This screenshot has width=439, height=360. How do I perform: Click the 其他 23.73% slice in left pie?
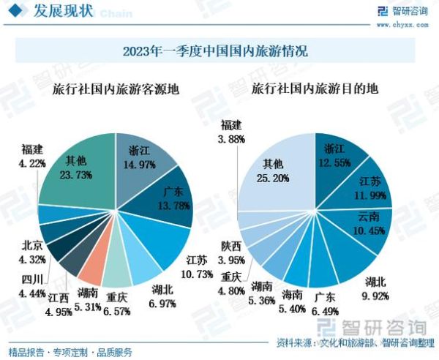76,168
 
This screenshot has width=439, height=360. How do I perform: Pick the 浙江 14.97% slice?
143,157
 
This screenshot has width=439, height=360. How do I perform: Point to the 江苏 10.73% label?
198,268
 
